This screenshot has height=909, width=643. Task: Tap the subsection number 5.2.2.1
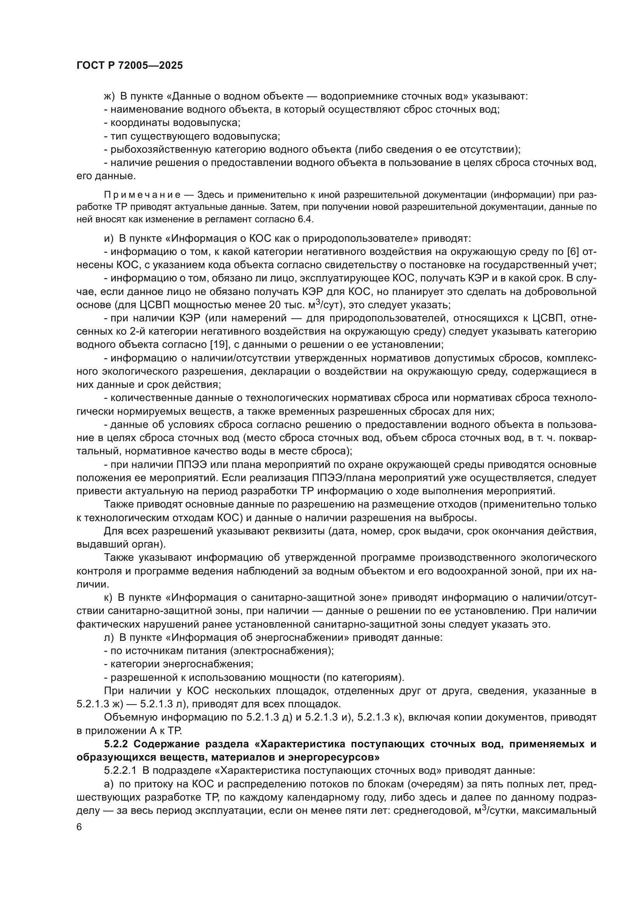coord(120,770)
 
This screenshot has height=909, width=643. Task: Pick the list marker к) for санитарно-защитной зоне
coord(108,597)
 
